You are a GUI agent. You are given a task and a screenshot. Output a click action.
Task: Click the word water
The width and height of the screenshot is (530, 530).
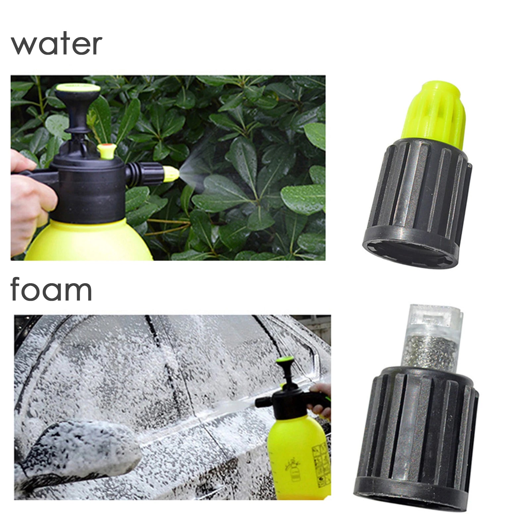pyautogui.click(x=56, y=44)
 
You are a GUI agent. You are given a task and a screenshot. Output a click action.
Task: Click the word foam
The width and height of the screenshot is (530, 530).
pyautogui.click(x=51, y=289)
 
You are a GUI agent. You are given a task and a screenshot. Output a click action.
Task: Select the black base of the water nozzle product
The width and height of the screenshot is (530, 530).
pyautogui.click(x=417, y=205)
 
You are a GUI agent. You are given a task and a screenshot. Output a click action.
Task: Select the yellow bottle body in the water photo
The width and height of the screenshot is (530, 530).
pyautogui.click(x=89, y=240)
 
